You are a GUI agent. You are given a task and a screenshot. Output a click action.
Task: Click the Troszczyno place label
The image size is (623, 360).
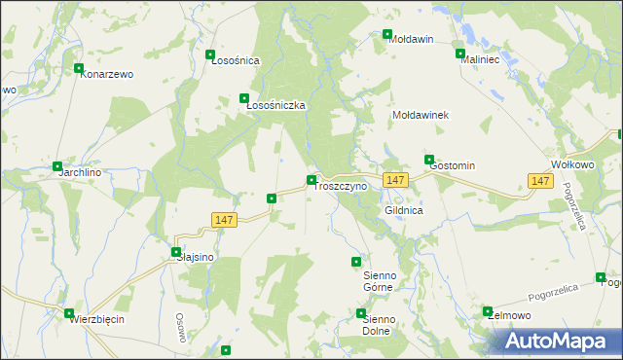pyautogui.click(x=341, y=186)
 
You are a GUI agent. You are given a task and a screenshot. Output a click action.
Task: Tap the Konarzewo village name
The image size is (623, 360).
pyautogui.click(x=107, y=74)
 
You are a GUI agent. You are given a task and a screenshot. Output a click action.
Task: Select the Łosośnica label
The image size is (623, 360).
pyautogui.click(x=236, y=60)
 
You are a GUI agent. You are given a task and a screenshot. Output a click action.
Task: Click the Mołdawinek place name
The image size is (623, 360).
pyautogui.click(x=420, y=115)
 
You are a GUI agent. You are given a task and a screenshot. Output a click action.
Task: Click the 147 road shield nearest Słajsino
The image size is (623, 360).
pyautogui.click(x=224, y=221)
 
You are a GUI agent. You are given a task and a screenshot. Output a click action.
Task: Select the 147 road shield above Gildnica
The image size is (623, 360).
pyautogui.click(x=394, y=181)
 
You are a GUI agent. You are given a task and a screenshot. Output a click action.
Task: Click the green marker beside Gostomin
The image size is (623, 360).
pyautogui.click(x=428, y=159)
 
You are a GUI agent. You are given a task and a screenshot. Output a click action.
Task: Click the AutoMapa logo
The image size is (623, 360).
pyautogui.click(x=559, y=342)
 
